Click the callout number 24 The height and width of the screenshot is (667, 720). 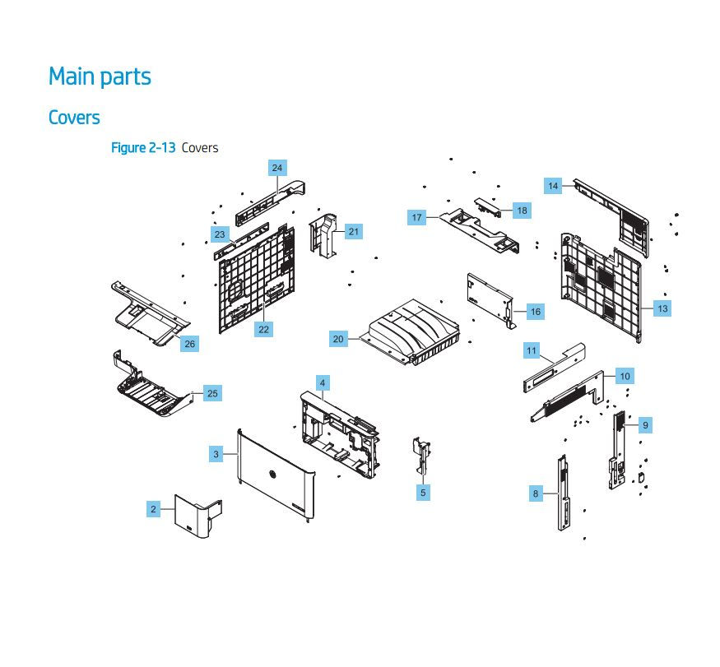pyautogui.click(x=277, y=168)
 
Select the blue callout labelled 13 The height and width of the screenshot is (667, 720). pyautogui.click(x=662, y=308)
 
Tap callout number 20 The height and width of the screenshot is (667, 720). pyautogui.click(x=338, y=339)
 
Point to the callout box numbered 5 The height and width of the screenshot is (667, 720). pyautogui.click(x=423, y=493)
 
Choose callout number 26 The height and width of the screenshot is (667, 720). pyautogui.click(x=190, y=344)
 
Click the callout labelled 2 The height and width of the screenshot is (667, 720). pyautogui.click(x=153, y=509)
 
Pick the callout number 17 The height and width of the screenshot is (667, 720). pyautogui.click(x=417, y=218)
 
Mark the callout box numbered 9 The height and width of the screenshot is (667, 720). pyautogui.click(x=646, y=425)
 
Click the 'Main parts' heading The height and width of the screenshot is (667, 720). pyautogui.click(x=100, y=76)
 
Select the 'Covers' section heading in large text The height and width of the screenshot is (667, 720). pyautogui.click(x=74, y=117)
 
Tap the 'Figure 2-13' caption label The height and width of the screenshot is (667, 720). pyautogui.click(x=143, y=148)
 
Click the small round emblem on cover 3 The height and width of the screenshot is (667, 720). pyautogui.click(x=272, y=475)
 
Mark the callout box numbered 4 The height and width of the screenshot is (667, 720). pyautogui.click(x=323, y=383)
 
